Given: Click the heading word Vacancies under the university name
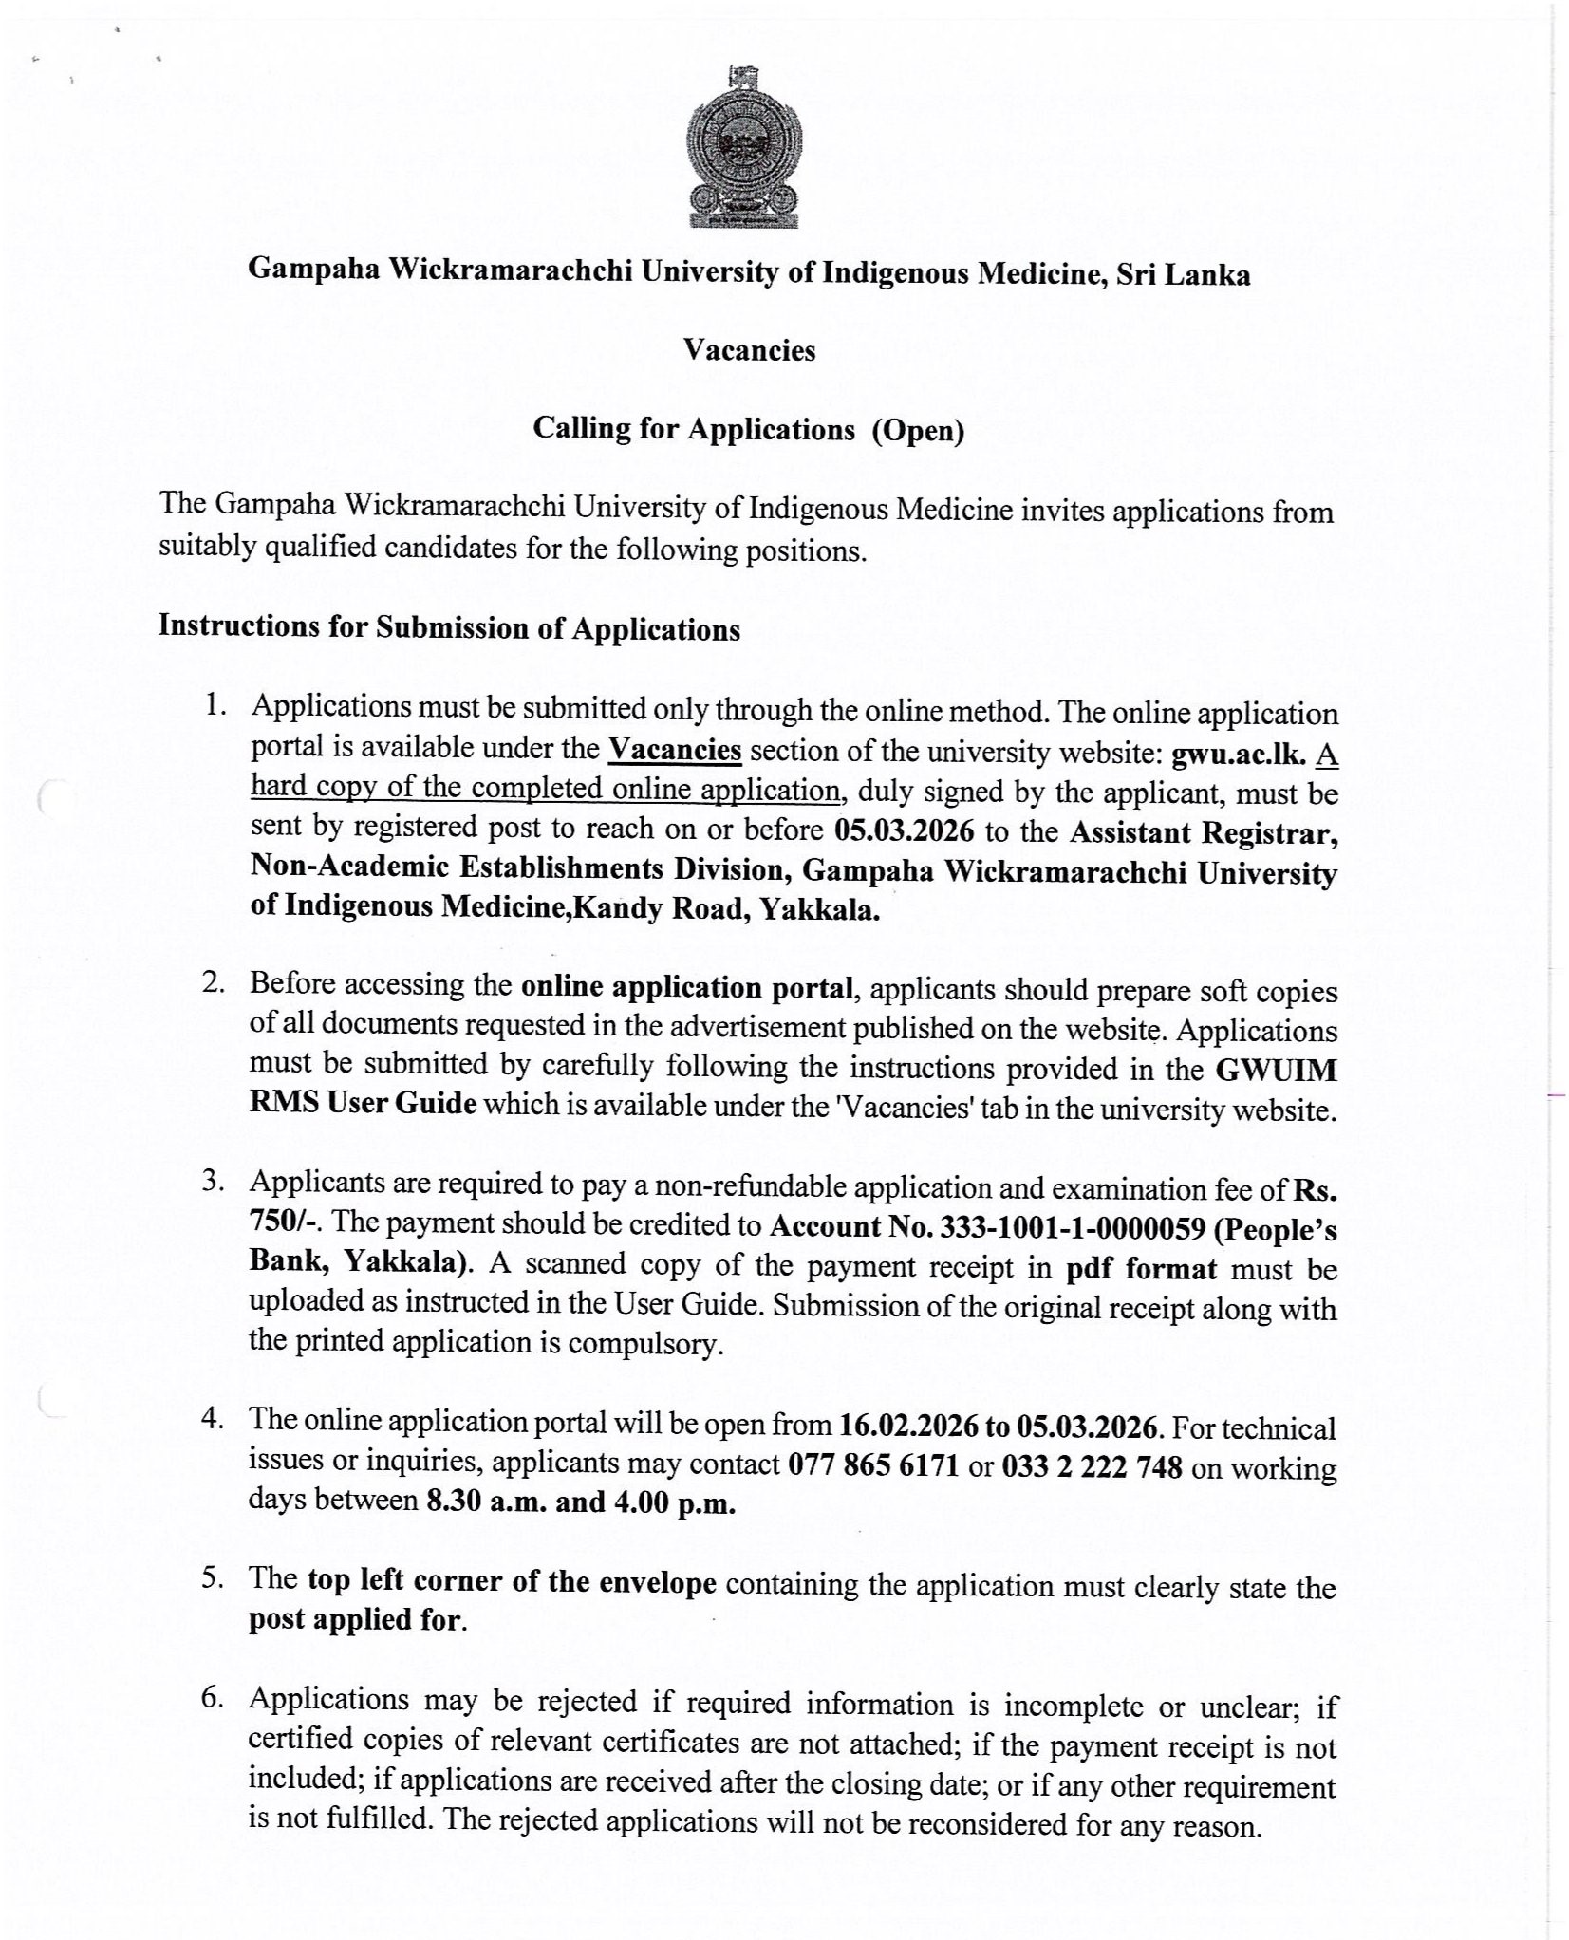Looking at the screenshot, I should tap(749, 351).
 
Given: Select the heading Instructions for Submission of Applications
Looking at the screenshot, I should tap(449, 627).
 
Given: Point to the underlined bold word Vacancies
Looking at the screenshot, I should tap(674, 750).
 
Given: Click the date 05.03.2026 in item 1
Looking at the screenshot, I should tap(904, 830).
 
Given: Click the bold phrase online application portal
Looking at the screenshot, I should tap(687, 987).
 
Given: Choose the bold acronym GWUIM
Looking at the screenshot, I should tap(1276, 1070).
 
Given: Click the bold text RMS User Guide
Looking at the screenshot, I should tap(363, 1106).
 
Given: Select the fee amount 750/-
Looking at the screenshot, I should tap(283, 1223).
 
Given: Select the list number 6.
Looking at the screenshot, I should tap(212, 1698).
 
